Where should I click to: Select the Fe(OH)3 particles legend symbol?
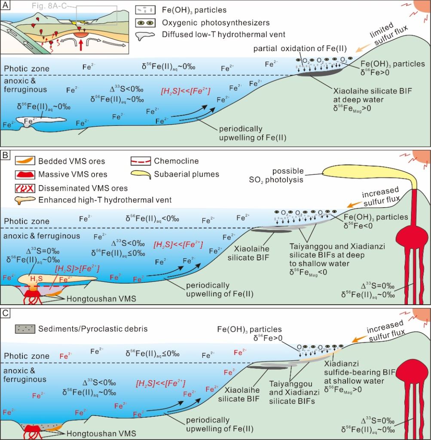coord(145,10)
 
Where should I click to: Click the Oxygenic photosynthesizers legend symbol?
coord(145,22)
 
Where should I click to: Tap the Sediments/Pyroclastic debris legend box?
coord(25,329)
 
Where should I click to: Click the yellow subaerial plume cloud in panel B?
coord(365,171)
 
